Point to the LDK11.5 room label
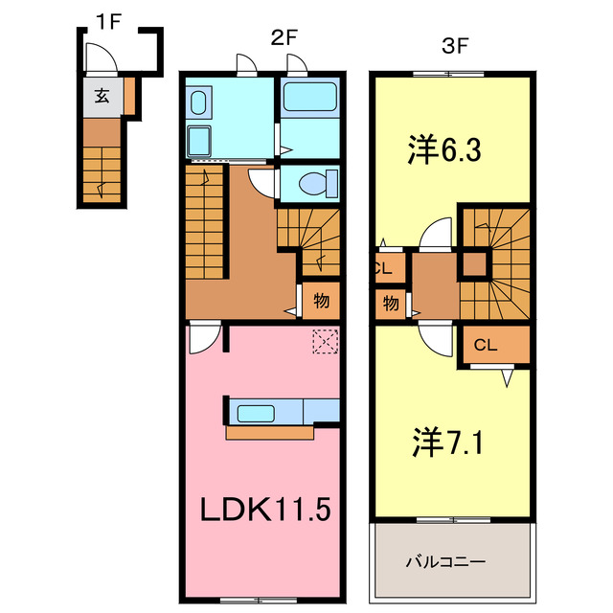264,509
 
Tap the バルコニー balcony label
451,559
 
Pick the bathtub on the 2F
308,98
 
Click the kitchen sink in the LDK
257,414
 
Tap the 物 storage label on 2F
322,301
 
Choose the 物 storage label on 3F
392,305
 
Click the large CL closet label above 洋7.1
486,346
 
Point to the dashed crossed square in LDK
326,341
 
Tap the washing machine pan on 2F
201,141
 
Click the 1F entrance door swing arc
102,59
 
